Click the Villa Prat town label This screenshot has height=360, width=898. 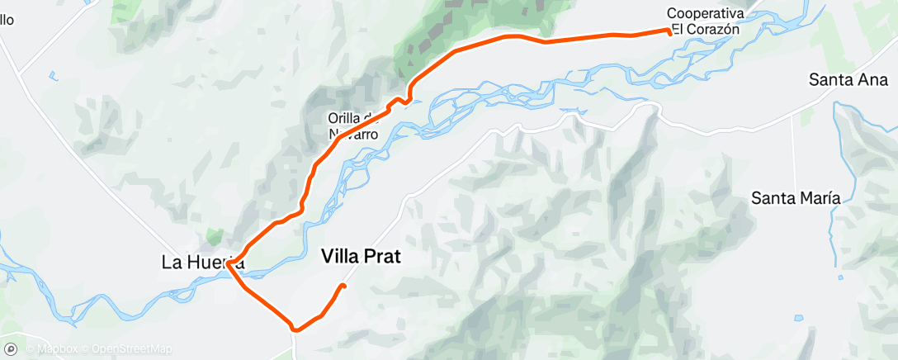coord(360,257)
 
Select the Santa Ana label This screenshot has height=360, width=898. coord(848,80)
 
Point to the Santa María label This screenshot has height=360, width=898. coord(796,198)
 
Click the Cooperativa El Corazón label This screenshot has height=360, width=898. coord(705,21)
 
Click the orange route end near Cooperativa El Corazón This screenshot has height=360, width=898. coord(669,31)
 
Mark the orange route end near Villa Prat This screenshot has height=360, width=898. coord(343,286)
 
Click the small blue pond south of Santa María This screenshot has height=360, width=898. coord(799,317)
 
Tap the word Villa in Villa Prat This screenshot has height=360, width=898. coord(338,257)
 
